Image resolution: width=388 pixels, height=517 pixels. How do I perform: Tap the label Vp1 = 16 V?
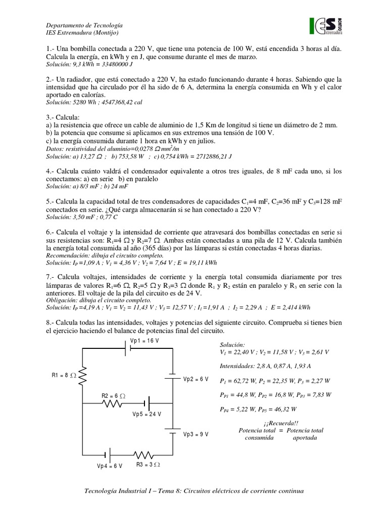pyautogui.click(x=145, y=341)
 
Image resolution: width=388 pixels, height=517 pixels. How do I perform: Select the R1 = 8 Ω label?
pyautogui.click(x=64, y=375)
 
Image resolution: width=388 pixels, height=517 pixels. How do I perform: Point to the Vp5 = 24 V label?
pyautogui.click(x=147, y=415)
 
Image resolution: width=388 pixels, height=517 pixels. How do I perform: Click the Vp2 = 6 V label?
pyautogui.click(x=196, y=379)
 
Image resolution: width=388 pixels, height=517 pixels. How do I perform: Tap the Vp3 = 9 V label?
pyautogui.click(x=196, y=434)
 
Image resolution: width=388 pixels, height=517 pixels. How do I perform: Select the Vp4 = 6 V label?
pyautogui.click(x=110, y=466)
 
